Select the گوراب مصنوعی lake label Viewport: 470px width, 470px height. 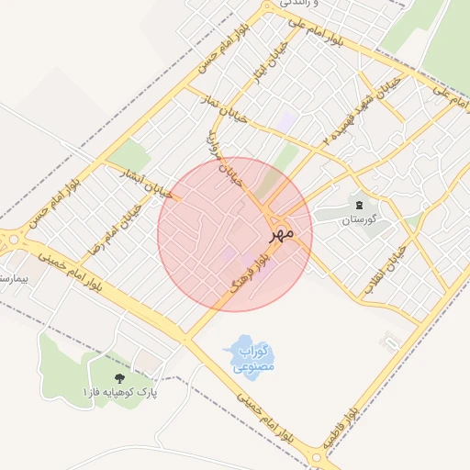point(250,359)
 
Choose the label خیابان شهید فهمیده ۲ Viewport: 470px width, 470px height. point(363,110)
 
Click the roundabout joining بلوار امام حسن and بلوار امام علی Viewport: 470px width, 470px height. point(267,9)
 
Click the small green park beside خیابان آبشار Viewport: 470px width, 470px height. point(131,156)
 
